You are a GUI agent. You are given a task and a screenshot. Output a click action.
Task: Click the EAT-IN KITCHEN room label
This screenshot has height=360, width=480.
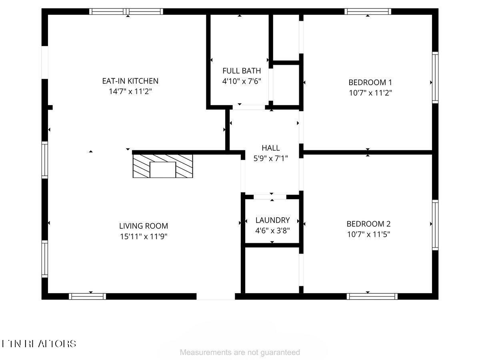(130, 81)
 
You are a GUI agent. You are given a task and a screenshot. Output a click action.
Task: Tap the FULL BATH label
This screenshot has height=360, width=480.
(242, 71)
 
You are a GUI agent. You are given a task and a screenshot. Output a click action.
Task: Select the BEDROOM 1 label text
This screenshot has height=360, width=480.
(370, 83)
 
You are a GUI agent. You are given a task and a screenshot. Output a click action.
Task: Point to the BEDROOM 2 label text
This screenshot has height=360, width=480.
(368, 224)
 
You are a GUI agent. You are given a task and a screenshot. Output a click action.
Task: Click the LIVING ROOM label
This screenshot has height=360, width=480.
(144, 226)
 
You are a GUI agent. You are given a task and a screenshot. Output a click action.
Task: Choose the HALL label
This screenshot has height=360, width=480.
(271, 148)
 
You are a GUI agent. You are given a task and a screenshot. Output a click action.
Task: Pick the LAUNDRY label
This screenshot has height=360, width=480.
(272, 220)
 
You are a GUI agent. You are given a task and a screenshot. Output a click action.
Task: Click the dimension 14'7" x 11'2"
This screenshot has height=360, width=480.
(130, 92)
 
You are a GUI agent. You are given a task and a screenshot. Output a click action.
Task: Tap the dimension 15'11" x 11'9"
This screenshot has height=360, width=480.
(144, 236)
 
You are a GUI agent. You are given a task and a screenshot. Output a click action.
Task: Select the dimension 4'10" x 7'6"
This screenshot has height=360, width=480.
(242, 81)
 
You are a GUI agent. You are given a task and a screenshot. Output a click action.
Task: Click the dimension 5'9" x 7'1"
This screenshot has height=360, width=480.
(271, 158)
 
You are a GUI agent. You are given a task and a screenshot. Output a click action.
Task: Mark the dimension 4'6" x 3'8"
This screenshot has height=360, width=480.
(272, 231)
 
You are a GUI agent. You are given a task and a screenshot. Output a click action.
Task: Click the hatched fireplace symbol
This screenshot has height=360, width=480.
(162, 166)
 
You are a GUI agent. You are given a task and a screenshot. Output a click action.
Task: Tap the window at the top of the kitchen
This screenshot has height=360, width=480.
(126, 12)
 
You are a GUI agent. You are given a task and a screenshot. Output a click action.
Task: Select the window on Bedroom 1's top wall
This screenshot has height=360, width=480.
(368, 12)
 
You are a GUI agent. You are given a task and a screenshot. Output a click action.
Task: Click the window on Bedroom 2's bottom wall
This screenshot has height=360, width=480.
(372, 296)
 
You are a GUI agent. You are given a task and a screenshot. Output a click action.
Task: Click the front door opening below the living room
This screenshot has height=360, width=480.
(216, 296)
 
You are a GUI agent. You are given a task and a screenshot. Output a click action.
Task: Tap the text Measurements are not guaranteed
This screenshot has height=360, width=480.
(240, 352)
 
